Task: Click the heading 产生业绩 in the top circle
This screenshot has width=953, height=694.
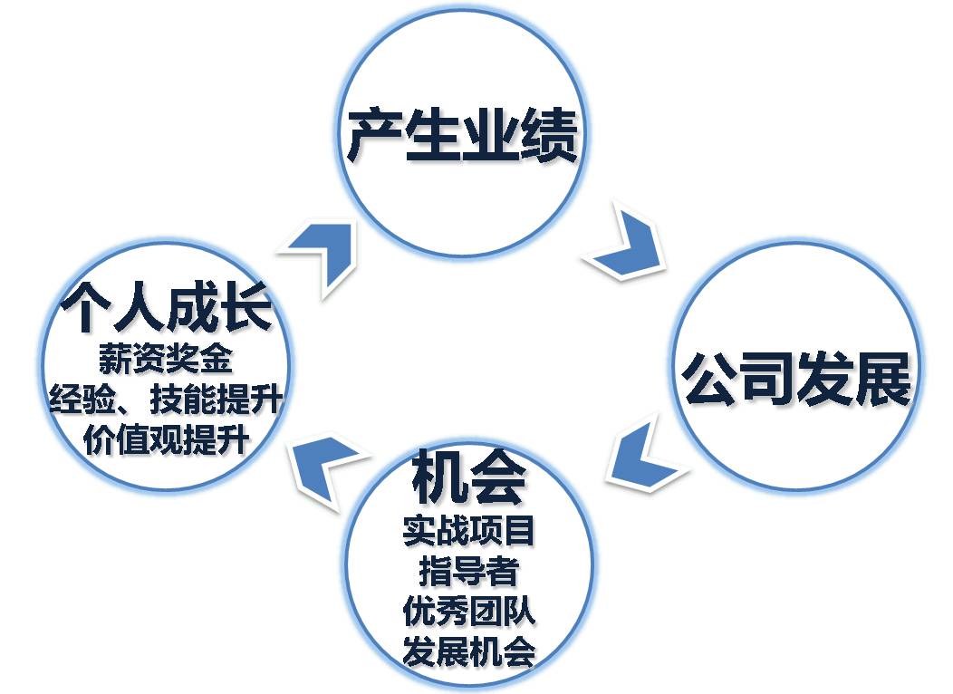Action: (x=462, y=137)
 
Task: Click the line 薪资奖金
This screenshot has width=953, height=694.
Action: (x=165, y=361)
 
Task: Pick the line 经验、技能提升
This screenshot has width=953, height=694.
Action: (x=165, y=400)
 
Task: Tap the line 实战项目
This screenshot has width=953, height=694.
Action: (x=469, y=531)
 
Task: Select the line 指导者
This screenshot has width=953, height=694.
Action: (x=469, y=572)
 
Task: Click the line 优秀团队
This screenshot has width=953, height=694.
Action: (x=469, y=612)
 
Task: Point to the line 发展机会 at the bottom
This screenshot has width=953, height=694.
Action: (x=469, y=652)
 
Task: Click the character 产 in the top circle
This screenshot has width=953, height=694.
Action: (x=374, y=137)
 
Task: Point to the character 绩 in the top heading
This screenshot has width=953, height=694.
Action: (x=548, y=137)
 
